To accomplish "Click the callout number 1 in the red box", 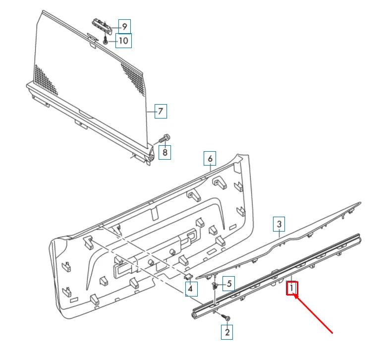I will [x=292, y=288].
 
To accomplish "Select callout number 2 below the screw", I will [x=227, y=332].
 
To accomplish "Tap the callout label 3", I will [x=279, y=225].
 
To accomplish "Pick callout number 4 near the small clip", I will [x=191, y=288].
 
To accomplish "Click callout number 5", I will [x=228, y=284].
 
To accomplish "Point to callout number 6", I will [x=210, y=159].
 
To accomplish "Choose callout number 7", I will [x=160, y=111].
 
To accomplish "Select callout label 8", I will [x=165, y=152].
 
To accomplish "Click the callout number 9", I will [x=124, y=26].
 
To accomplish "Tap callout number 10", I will [x=124, y=40].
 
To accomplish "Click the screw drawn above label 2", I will [x=226, y=317].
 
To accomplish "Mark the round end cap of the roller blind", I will [x=150, y=157].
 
